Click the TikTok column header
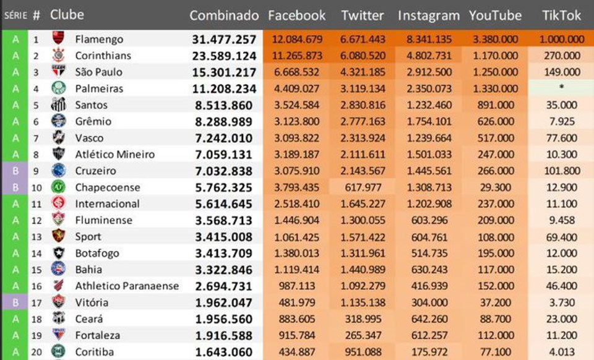coord(561,15)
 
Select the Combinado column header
coord(224,15)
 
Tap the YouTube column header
coord(495,15)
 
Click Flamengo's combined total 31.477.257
coord(224,39)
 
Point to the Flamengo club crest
coord(58,39)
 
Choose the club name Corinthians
coord(103,56)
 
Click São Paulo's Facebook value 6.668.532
coord(296,72)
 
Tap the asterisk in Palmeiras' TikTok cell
coord(561,88)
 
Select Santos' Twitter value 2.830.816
coord(363,105)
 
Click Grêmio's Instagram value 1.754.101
coord(429,121)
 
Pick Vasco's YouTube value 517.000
coord(495,138)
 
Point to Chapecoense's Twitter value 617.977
coord(363,187)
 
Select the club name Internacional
coord(107,204)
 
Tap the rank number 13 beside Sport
coord(37,237)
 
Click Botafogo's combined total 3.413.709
coord(224,253)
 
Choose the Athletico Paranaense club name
coord(127,286)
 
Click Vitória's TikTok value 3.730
coord(561,302)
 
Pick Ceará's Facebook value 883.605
coord(296,319)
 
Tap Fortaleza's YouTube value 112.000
coord(495,335)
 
